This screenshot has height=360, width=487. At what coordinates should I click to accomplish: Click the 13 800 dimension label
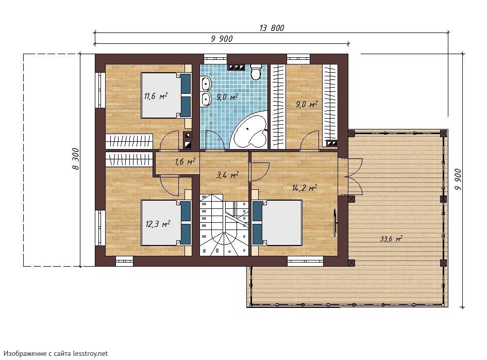pyautogui.click(x=272, y=28)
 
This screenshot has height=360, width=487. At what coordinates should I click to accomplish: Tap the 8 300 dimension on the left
pyautogui.click(x=76, y=159)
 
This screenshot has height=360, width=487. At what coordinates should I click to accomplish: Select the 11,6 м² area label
pyautogui.click(x=156, y=96)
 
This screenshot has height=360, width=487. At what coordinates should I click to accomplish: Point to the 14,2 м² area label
pyautogui.click(x=305, y=188)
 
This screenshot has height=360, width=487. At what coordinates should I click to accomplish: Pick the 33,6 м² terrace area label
pyautogui.click(x=391, y=239)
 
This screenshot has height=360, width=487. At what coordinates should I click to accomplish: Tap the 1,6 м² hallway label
pyautogui.click(x=185, y=161)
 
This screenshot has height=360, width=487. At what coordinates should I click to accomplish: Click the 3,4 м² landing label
pyautogui.click(x=227, y=175)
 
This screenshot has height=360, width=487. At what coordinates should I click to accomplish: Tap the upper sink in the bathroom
pyautogui.click(x=206, y=84)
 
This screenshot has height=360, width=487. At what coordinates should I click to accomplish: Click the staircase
pyautogui.click(x=224, y=224)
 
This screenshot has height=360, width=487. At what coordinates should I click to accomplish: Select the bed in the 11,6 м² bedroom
pyautogui.click(x=166, y=95)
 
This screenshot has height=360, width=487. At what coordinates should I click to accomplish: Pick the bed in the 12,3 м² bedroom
pyautogui.click(x=166, y=223)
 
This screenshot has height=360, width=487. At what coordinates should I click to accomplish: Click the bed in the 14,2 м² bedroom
pyautogui.click(x=277, y=223)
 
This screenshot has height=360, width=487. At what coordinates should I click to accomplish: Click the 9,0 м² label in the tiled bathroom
pyautogui.click(x=227, y=97)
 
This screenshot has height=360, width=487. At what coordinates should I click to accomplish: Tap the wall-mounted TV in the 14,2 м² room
pyautogui.click(x=335, y=223)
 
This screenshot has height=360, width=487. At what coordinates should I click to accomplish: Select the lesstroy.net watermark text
pyautogui.click(x=56, y=353)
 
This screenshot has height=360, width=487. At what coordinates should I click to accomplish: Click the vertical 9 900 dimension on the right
pyautogui.click(x=458, y=181)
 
